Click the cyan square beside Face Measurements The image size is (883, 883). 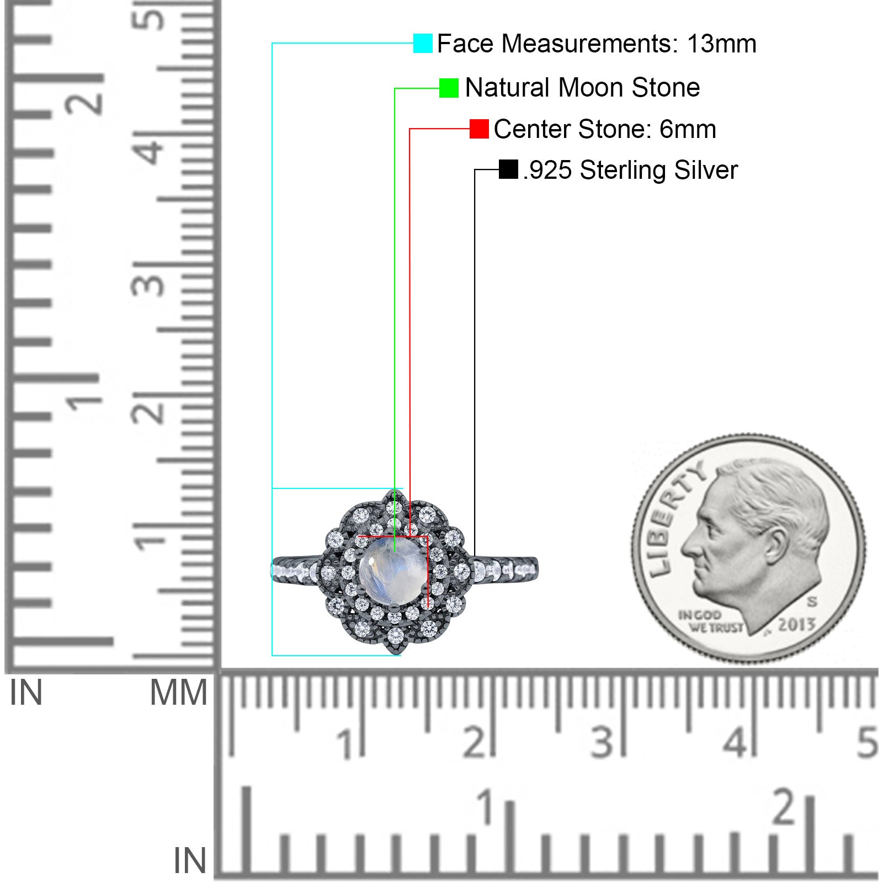(x=423, y=44)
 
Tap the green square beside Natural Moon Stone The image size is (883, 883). (x=449, y=88)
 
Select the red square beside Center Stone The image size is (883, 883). (x=479, y=129)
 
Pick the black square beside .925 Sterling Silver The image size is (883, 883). (x=508, y=169)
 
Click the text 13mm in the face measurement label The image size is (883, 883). (x=721, y=44)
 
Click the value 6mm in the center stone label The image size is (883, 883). (x=688, y=129)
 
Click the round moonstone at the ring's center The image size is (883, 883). (x=391, y=571)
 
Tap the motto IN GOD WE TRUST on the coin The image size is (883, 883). (x=710, y=621)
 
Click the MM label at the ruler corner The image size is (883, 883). (x=178, y=693)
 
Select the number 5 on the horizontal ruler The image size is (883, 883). (x=867, y=742)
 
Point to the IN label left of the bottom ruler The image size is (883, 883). (x=190, y=860)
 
